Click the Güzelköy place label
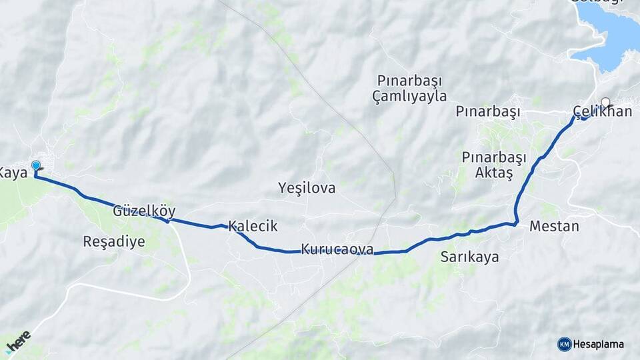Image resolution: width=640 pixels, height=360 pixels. coord(144,211)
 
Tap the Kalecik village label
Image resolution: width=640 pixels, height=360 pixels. coord(253,226)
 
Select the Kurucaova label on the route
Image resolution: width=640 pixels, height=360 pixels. coord(337,249)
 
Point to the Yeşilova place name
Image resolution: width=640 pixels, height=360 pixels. coord(307,189)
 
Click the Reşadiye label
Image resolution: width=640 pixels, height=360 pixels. coord(113,241)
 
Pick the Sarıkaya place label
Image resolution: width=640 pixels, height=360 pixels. coord(469,257)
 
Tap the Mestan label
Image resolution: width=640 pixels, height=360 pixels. coord(554,226)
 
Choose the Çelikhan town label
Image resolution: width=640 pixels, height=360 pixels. coord(602,111)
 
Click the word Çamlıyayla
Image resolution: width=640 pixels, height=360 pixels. coord(409,96)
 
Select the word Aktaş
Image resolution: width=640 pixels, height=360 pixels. coord(494,173)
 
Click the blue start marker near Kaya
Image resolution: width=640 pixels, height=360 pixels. coord(36,165)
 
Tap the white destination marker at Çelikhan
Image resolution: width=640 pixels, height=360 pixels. coord(605,102)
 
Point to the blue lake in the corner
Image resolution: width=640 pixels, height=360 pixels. coord(610,40)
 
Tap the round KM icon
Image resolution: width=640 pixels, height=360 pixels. coord(564,344)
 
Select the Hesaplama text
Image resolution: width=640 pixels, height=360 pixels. coord(599,344)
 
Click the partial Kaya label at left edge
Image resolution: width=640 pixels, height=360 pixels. coord(13,173)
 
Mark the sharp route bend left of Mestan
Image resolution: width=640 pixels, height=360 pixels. coord(516,223)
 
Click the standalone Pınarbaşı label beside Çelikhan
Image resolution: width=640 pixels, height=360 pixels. coord(488,111)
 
